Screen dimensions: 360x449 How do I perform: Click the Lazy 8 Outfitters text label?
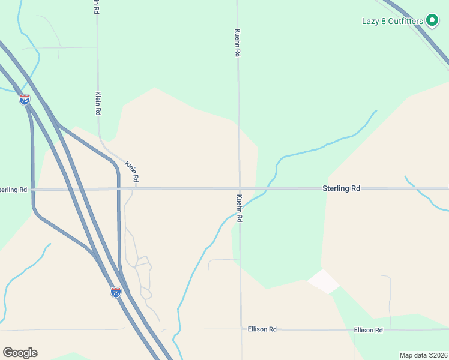coord(392,21)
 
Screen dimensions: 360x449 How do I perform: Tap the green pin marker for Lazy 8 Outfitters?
coord(431,20)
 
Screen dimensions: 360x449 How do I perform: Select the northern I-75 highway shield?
coord(25,100)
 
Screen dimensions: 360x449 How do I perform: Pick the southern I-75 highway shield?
coord(116,292)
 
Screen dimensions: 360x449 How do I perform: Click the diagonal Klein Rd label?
coord(133,171)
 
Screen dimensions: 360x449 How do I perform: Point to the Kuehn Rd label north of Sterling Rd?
coord(238,43)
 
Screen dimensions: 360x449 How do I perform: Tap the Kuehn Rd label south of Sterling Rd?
coord(239,208)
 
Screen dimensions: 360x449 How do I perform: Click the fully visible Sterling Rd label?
coord(341,188)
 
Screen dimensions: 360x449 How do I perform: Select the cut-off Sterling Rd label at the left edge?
coord(13,190)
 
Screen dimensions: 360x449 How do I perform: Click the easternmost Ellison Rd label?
coord(368,330)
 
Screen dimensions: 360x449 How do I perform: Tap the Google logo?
coord(20,353)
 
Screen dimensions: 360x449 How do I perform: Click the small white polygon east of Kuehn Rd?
coord(323,281)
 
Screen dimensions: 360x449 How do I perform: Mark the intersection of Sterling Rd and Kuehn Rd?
coord(239,188)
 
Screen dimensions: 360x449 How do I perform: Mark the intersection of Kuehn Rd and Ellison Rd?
coord(241,329)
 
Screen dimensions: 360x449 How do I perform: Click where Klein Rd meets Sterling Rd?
coord(136,189)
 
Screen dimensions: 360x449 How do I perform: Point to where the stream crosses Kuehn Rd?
coord(240,205)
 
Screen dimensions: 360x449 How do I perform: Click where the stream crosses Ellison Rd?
coord(178,330)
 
